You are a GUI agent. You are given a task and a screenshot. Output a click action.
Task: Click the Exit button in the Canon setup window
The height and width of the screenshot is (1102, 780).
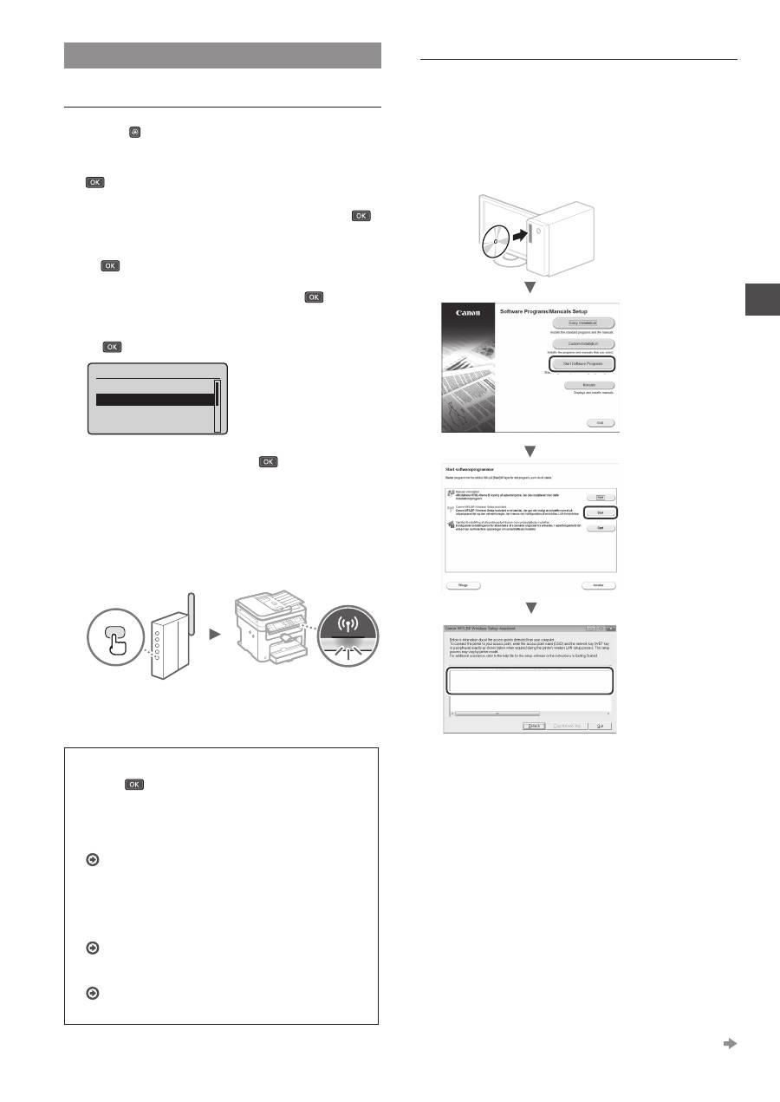coord(599,422)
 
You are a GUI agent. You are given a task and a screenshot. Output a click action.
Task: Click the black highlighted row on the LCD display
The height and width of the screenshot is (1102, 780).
coord(154,400)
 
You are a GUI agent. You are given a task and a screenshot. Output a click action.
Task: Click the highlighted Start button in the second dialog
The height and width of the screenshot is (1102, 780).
coord(599,512)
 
